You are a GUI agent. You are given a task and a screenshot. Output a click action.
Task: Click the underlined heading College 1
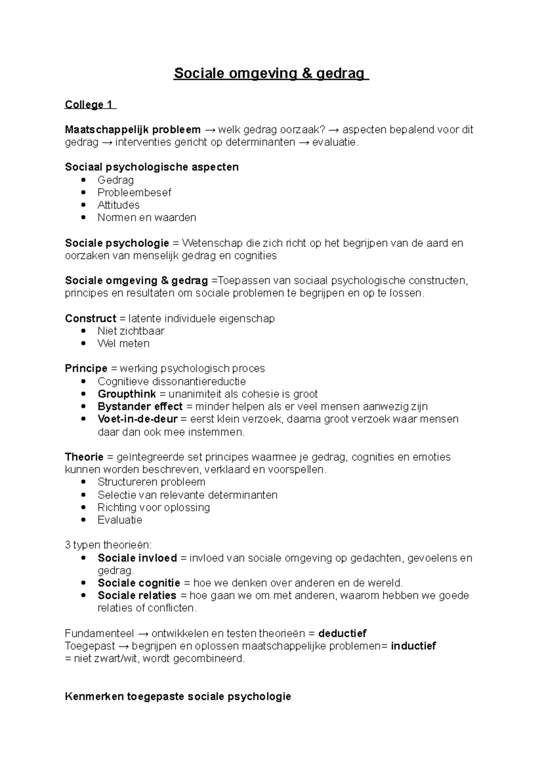click(89, 105)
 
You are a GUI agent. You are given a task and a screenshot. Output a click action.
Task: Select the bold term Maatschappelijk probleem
click(133, 130)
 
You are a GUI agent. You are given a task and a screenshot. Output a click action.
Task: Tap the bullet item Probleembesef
click(134, 192)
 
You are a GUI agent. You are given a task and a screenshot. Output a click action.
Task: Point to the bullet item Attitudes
click(118, 205)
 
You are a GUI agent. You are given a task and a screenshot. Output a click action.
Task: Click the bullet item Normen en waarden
click(147, 218)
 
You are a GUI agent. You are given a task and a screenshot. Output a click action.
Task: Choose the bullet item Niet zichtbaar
click(131, 331)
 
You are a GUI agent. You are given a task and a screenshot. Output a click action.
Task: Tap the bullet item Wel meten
click(123, 344)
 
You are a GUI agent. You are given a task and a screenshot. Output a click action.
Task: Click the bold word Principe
click(86, 369)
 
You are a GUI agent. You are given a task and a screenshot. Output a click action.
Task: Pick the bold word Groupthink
click(127, 394)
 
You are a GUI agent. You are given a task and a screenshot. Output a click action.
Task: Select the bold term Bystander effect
click(140, 407)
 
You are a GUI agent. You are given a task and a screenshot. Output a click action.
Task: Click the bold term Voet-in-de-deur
click(138, 419)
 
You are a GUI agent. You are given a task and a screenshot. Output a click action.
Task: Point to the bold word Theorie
click(84, 457)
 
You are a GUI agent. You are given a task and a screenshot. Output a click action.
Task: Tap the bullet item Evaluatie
click(120, 520)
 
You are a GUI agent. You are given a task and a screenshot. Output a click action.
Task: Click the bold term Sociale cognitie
click(139, 583)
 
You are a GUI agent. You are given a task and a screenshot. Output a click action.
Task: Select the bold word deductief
click(342, 633)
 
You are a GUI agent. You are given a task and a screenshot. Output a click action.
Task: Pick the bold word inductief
click(413, 646)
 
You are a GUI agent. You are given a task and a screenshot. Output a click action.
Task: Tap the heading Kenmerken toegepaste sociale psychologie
click(178, 697)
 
